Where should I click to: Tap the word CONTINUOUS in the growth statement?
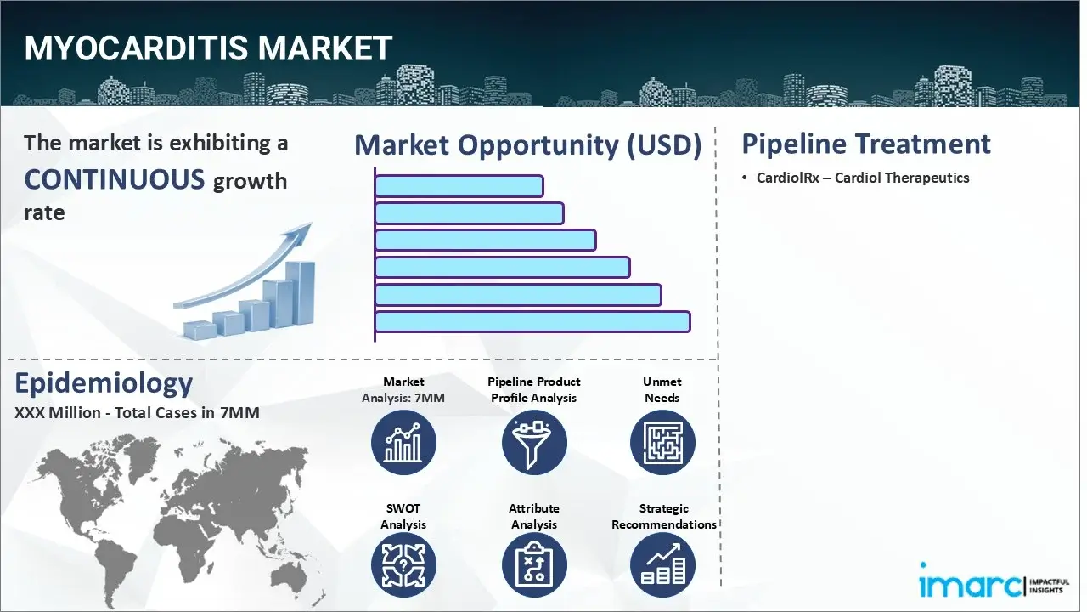[115, 179]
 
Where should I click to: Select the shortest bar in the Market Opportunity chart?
[459, 186]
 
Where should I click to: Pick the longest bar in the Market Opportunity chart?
[532, 321]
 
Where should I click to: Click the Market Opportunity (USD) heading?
[527, 145]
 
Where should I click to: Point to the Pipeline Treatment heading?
[865, 144]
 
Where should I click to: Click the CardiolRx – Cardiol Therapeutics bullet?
[863, 178]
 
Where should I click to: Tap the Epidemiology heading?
[104, 383]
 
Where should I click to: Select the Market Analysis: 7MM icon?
[403, 443]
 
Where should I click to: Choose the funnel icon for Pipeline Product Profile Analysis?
[533, 443]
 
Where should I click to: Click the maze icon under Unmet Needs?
[662, 443]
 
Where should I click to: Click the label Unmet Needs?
[662, 389]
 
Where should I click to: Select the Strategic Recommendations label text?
[664, 516]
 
